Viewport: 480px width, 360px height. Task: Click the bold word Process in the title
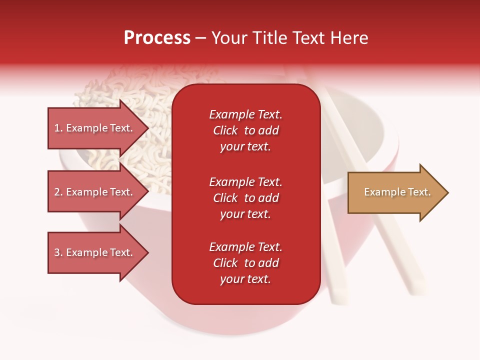coord(157,38)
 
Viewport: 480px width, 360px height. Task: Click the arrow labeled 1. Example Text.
coord(95,128)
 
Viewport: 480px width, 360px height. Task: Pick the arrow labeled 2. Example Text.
coord(95,192)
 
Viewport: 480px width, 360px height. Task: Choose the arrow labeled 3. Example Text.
coord(95,252)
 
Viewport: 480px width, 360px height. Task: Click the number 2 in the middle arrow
coord(57,192)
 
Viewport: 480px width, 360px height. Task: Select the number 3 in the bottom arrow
coord(57,252)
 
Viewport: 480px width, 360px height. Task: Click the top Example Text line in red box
coord(245,114)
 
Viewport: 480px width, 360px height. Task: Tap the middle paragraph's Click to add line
coord(245,198)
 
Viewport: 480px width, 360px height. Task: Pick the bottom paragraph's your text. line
coord(245,279)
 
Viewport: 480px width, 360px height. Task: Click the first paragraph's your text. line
coord(245,146)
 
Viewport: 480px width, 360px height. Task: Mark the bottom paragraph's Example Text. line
coord(245,247)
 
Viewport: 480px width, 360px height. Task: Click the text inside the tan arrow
coord(397,192)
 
